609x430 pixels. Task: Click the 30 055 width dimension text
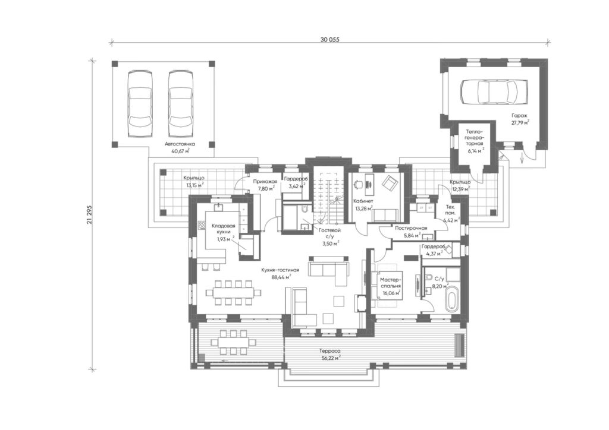[330, 39]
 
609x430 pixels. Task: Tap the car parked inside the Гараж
[494, 92]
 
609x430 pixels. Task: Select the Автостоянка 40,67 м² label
[180, 147]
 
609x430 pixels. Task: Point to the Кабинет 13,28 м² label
[363, 205]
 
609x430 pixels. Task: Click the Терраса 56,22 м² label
[329, 353]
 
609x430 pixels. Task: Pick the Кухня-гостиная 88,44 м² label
[280, 273]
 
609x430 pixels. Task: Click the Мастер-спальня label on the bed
[391, 283]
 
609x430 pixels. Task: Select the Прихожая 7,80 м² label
[265, 185]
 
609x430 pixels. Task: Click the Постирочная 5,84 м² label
[411, 232]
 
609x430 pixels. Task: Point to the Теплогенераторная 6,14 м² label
[475, 141]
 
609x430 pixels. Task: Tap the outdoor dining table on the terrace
[233, 342]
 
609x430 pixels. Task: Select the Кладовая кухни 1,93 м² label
[223, 232]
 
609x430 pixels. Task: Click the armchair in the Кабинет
[390, 182]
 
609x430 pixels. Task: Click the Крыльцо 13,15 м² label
[194, 182]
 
